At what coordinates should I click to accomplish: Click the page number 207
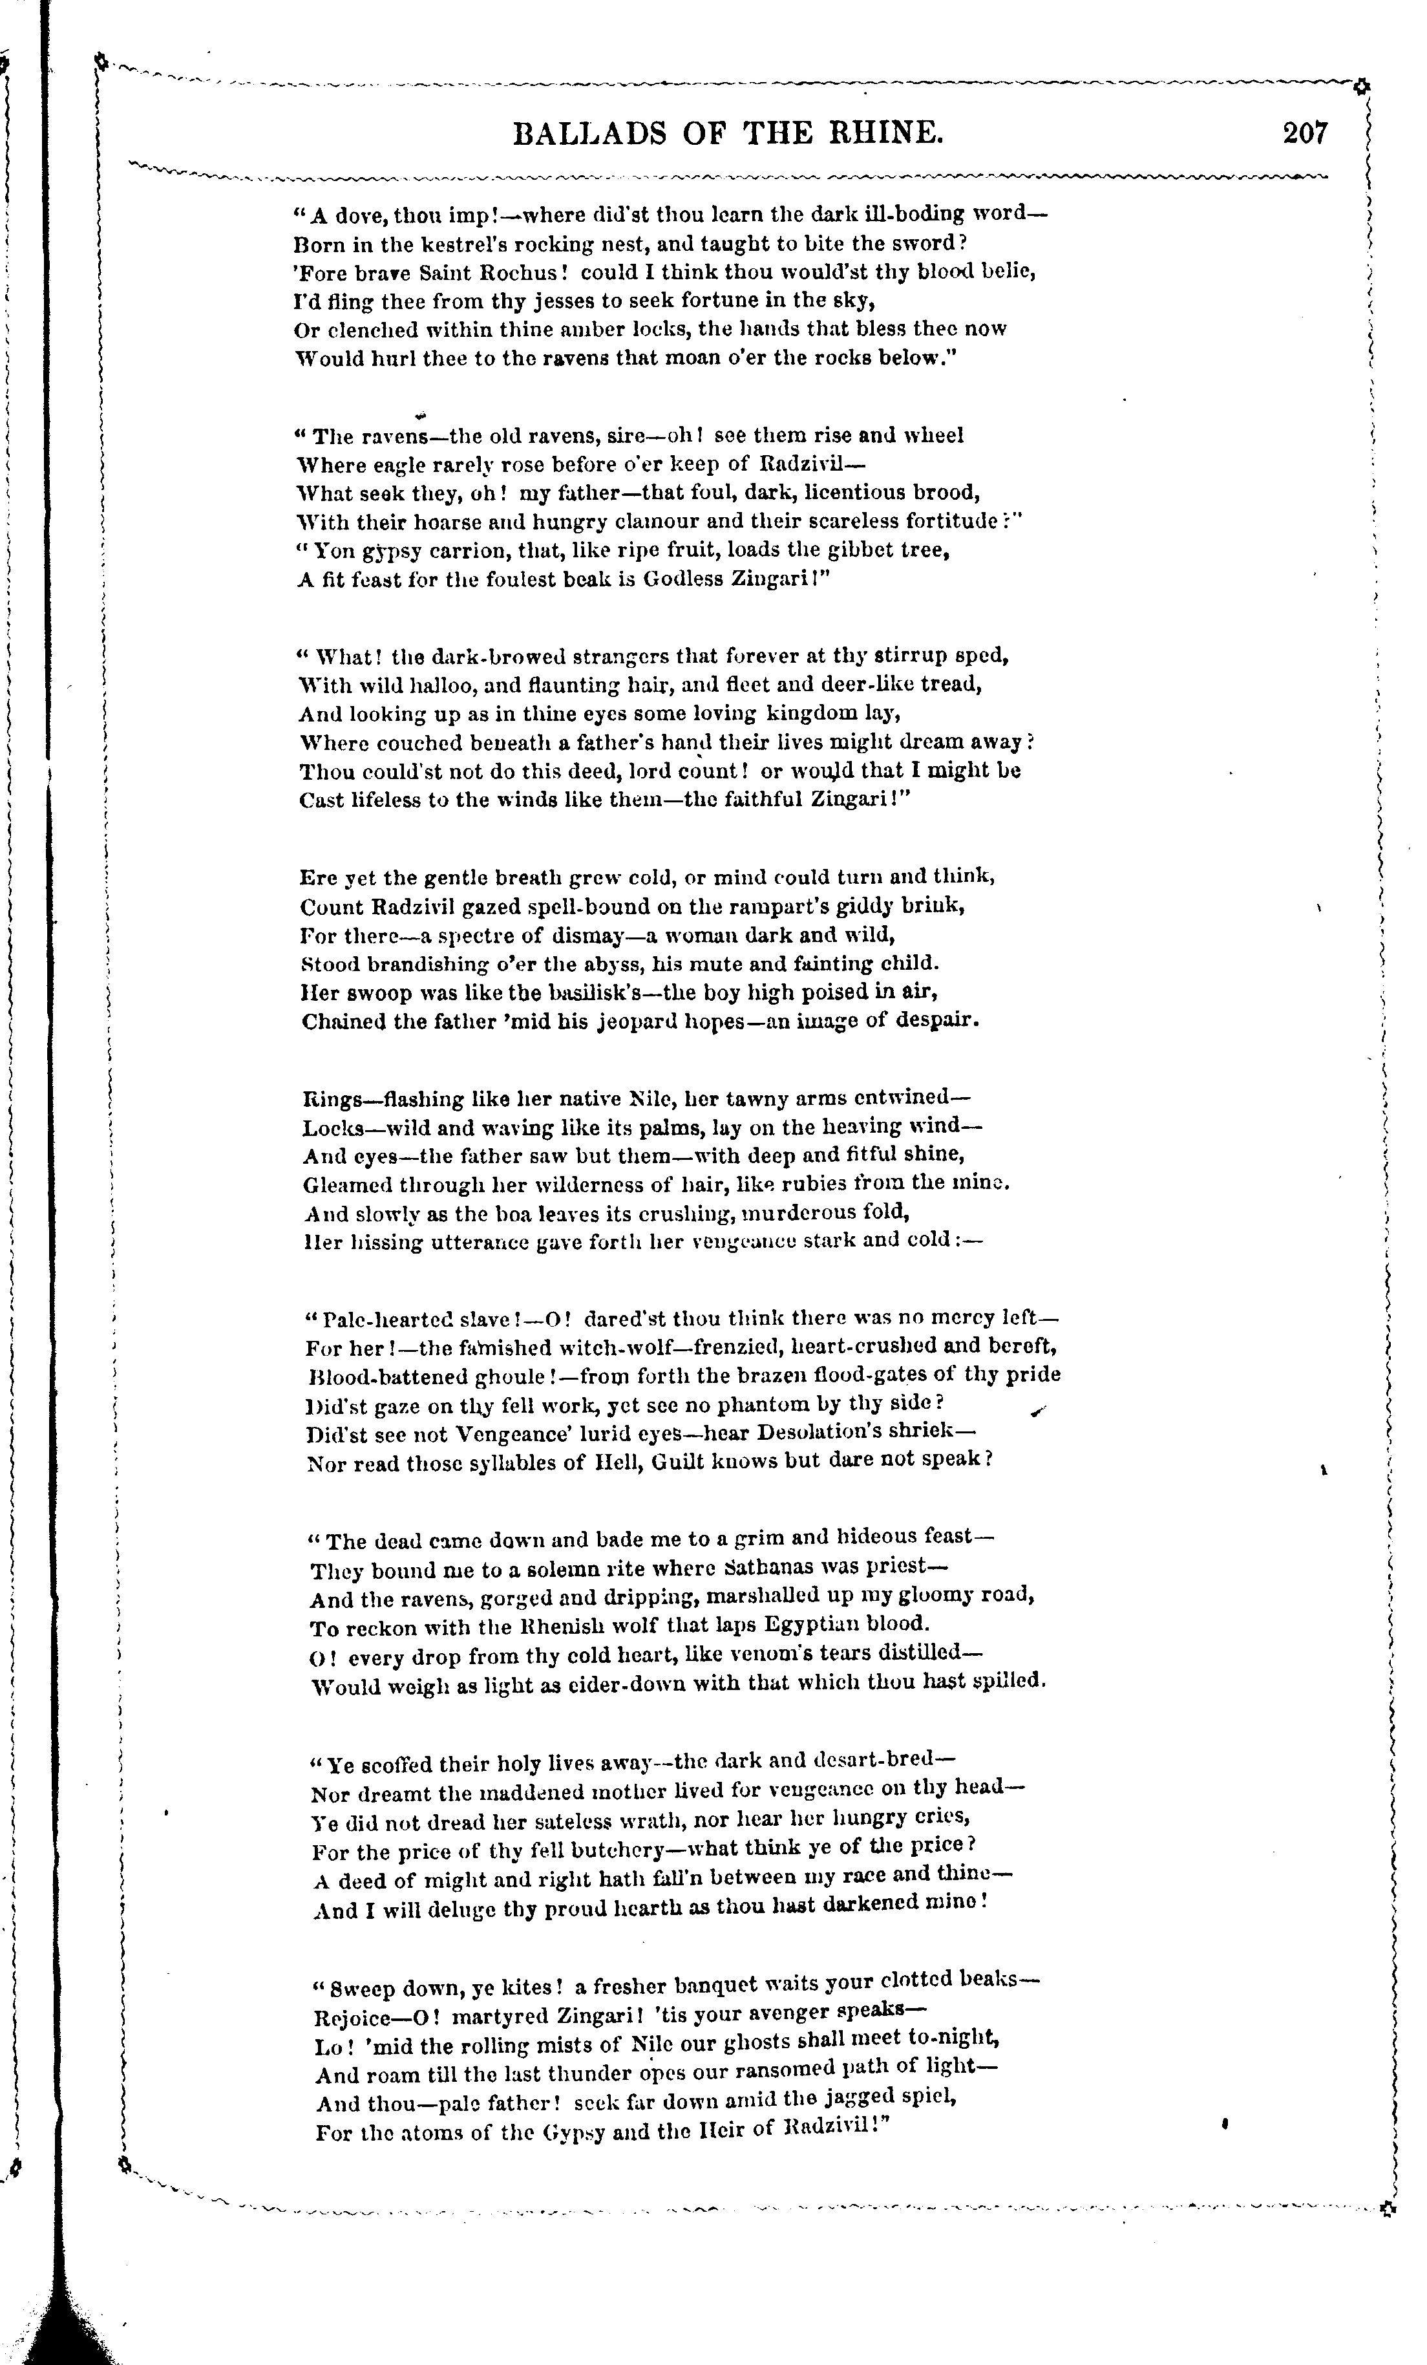click(1305, 133)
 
